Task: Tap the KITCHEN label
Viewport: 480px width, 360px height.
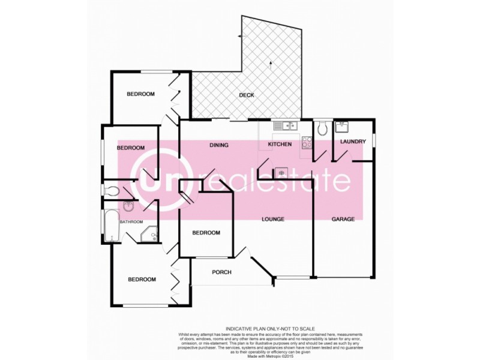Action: click(x=280, y=145)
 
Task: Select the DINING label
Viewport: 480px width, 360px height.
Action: click(x=220, y=145)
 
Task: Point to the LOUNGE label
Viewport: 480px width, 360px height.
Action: click(x=273, y=219)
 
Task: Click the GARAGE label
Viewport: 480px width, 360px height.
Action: click(x=344, y=219)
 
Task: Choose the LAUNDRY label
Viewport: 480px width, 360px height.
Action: click(x=353, y=142)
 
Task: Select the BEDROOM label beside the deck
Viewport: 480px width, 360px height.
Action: click(x=140, y=94)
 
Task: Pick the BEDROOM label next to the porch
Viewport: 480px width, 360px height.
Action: click(x=206, y=233)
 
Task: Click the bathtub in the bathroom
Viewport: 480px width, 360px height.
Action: click(x=110, y=226)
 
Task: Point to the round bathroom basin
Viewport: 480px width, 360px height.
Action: click(x=129, y=208)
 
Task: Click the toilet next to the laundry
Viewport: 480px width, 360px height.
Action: click(x=322, y=128)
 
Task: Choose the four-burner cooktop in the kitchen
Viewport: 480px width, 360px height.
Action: click(x=306, y=143)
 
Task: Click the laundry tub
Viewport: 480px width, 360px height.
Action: click(x=343, y=127)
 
